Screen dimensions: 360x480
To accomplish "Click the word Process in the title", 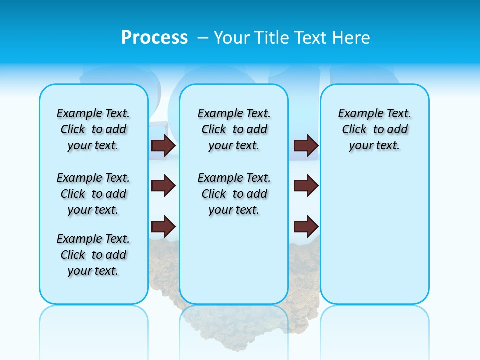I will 154,37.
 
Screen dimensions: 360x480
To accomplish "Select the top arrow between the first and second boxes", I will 163,145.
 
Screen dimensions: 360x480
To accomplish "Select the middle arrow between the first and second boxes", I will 163,186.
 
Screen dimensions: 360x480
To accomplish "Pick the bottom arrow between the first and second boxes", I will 163,226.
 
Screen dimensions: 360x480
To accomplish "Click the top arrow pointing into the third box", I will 306,145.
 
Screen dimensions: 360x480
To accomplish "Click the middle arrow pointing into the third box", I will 306,186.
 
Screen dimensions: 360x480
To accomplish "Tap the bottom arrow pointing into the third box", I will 306,226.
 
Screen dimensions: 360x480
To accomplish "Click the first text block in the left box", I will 93,129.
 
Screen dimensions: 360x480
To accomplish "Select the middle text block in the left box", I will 93,194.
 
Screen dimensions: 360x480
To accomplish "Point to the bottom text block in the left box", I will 93,255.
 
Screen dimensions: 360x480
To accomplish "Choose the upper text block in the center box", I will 234,129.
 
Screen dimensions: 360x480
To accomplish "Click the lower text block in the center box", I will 234,194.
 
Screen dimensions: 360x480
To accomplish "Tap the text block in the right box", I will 375,129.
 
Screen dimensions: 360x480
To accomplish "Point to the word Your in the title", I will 232,38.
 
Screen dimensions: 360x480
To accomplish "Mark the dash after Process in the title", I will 203,38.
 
